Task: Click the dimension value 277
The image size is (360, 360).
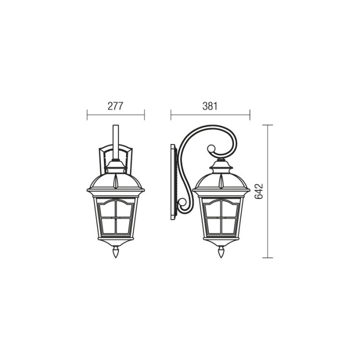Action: pyautogui.click(x=116, y=106)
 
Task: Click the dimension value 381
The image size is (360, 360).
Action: pyautogui.click(x=210, y=106)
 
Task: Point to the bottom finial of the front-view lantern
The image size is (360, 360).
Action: pyautogui.click(x=116, y=253)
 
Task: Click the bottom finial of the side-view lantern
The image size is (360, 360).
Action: pyautogui.click(x=221, y=253)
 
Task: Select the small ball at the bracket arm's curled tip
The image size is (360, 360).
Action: pyautogui.click(x=210, y=149)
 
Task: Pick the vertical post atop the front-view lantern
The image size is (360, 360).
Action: pyautogui.click(x=116, y=141)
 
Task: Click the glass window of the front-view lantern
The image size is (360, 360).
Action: pyautogui.click(x=116, y=218)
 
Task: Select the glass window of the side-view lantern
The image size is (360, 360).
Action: pyautogui.click(x=221, y=218)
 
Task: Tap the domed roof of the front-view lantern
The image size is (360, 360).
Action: pyautogui.click(x=116, y=180)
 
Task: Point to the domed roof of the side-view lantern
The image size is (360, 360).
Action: pyautogui.click(x=221, y=180)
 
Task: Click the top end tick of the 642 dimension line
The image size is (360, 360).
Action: pyautogui.click(x=267, y=124)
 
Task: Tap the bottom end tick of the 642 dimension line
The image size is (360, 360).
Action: pyautogui.click(x=267, y=258)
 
